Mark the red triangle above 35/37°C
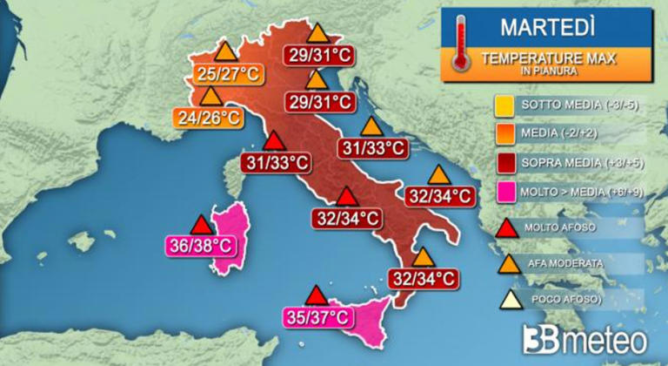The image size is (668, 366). coord(317,295)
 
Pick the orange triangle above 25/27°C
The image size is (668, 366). coord(226,51)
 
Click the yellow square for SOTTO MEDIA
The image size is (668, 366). coord(502,106)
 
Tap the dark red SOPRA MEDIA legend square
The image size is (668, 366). coord(502,163)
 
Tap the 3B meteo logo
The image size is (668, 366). coord(584,337)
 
